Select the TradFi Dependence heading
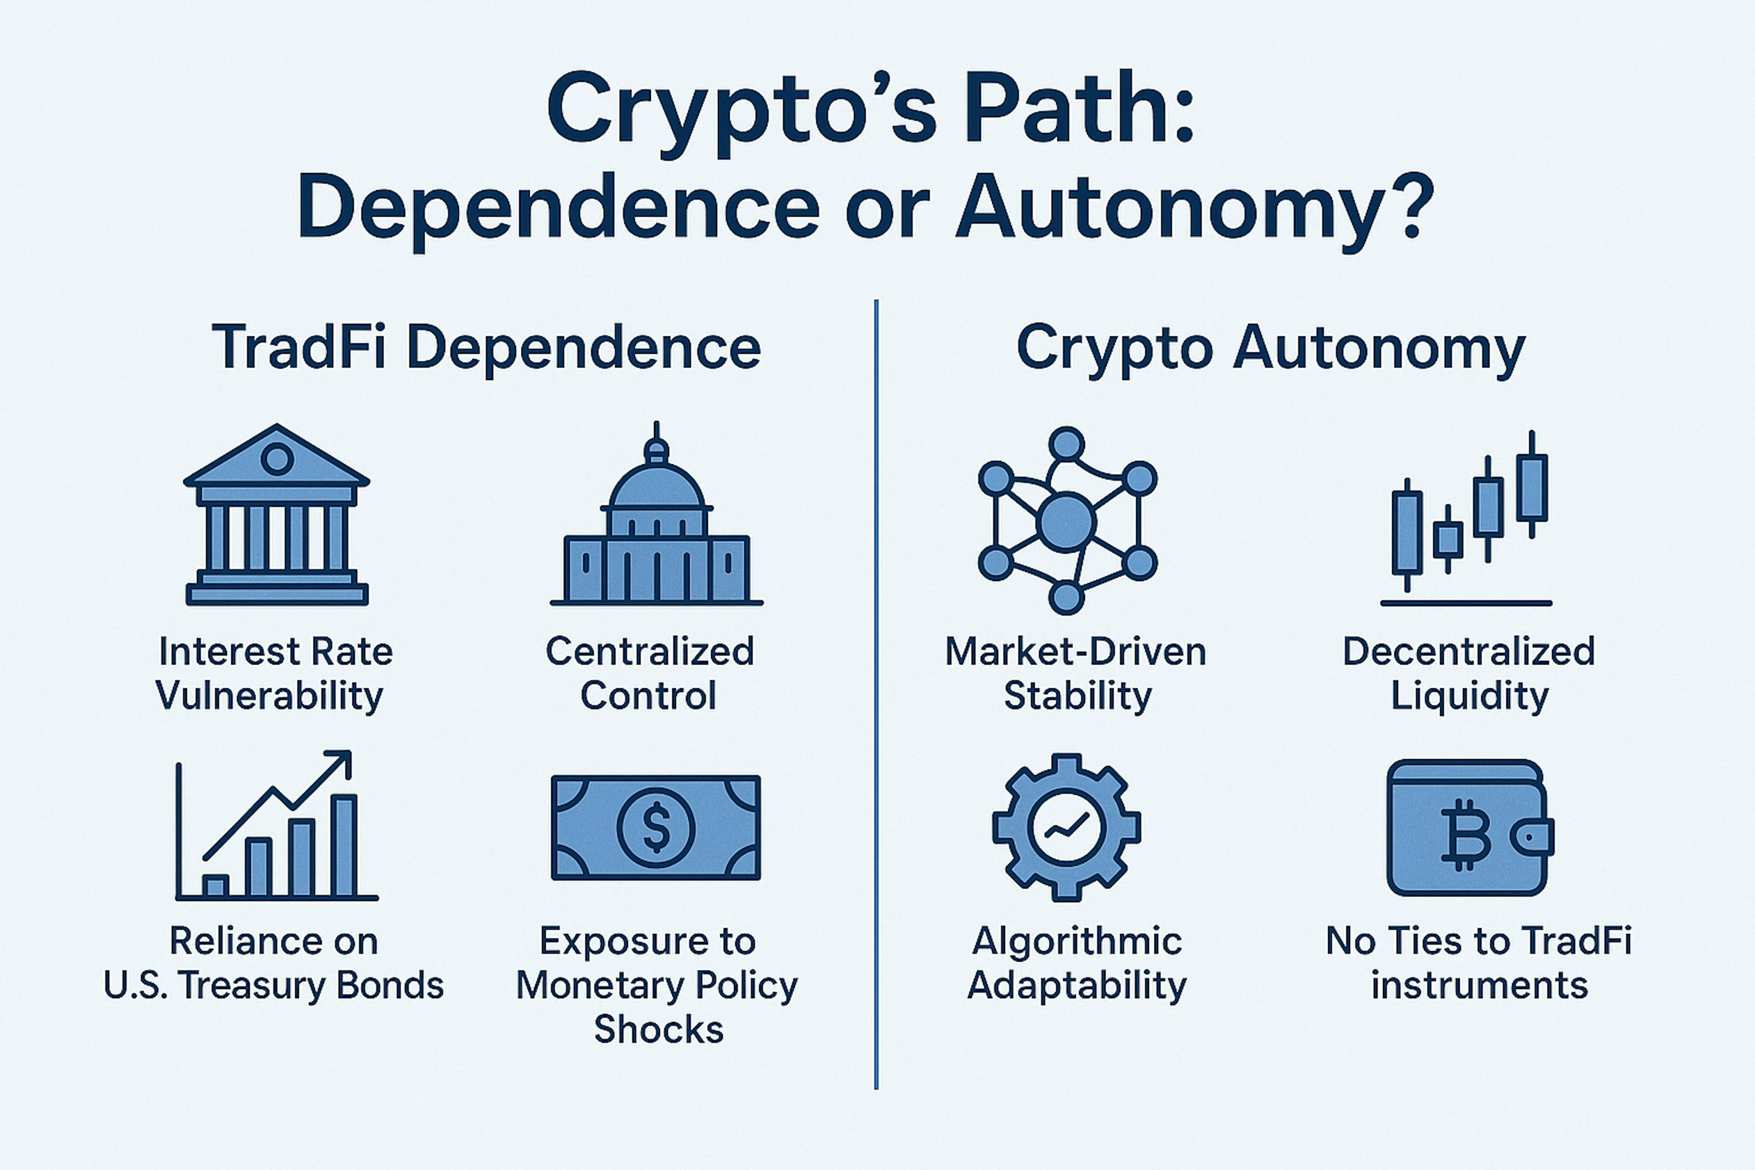click(486, 348)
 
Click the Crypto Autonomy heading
click(1271, 348)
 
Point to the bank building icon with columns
click(277, 515)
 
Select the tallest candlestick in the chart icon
click(1532, 485)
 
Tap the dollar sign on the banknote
click(656, 828)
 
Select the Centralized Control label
click(649, 673)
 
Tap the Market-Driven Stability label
click(1076, 673)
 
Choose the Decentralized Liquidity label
click(1468, 673)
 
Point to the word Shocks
click(658, 1030)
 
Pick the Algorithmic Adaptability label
click(1077, 963)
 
